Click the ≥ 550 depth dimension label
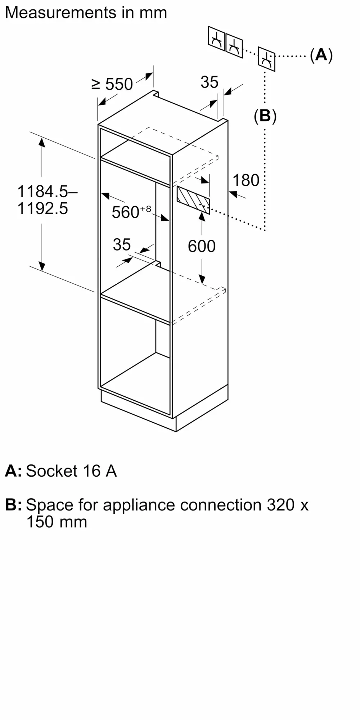point(112,84)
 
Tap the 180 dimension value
point(246,180)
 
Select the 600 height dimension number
point(202,246)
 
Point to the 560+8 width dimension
point(131,212)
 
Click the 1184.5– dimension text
point(47,191)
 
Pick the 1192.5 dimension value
point(42,208)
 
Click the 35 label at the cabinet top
point(210,82)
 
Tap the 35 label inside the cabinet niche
point(122,245)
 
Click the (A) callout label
point(321,55)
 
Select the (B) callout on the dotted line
point(265,116)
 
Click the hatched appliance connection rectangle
point(193,200)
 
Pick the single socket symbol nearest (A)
point(266,59)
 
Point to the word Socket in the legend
point(52,471)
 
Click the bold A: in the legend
point(13,471)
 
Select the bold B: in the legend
point(13,505)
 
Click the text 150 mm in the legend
point(57,522)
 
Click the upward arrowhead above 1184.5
point(42,142)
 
